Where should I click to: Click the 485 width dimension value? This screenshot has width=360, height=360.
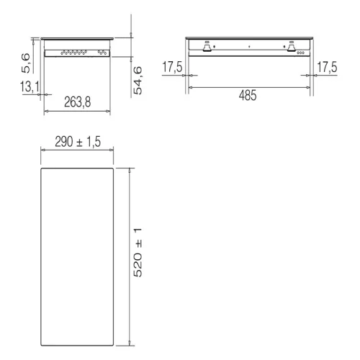tap(249, 95)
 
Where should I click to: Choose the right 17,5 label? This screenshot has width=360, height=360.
tap(326, 67)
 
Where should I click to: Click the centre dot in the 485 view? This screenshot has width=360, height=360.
tap(249, 48)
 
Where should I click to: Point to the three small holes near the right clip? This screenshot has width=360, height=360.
tap(300, 53)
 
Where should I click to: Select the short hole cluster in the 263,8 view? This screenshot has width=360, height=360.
tap(102, 53)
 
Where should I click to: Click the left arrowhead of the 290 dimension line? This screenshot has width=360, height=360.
tap(42, 150)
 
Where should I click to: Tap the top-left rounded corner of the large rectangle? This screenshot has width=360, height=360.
tap(43, 171)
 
